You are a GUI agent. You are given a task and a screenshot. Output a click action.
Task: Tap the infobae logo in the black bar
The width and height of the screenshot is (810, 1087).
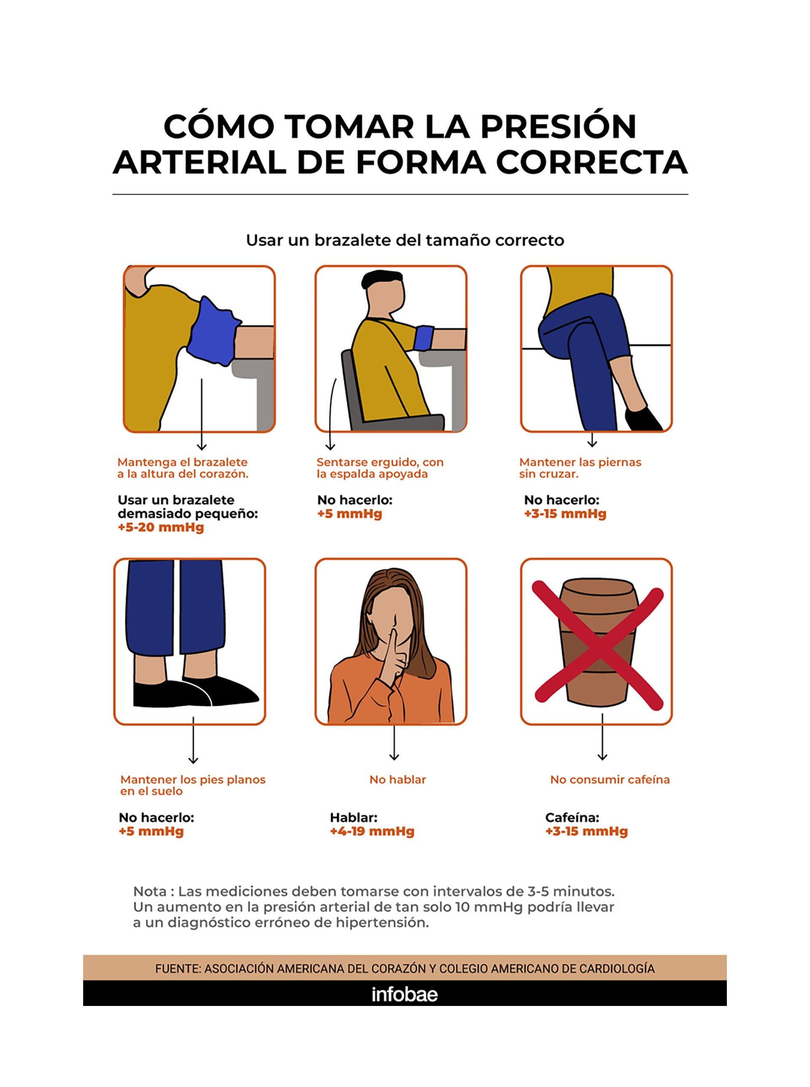[405, 994]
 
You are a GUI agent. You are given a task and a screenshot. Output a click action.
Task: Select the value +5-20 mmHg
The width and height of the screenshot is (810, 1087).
[160, 527]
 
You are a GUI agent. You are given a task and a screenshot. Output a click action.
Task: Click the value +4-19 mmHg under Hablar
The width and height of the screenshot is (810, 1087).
[372, 832]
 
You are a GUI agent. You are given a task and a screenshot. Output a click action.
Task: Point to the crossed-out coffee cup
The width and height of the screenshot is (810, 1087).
[597, 642]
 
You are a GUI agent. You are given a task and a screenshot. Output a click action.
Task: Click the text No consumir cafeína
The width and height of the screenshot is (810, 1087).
[610, 779]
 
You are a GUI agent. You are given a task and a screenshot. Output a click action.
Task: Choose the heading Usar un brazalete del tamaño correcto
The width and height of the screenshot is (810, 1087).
[405, 240]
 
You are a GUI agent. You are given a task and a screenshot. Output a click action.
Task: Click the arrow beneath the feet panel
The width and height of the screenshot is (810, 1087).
[193, 741]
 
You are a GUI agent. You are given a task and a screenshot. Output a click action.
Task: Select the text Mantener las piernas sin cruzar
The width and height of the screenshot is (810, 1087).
[580, 468]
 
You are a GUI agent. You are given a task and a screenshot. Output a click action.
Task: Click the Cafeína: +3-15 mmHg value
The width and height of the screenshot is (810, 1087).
[586, 832]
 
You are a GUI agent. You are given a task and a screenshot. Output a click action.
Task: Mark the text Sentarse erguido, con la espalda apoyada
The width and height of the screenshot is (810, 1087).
[380, 468]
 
